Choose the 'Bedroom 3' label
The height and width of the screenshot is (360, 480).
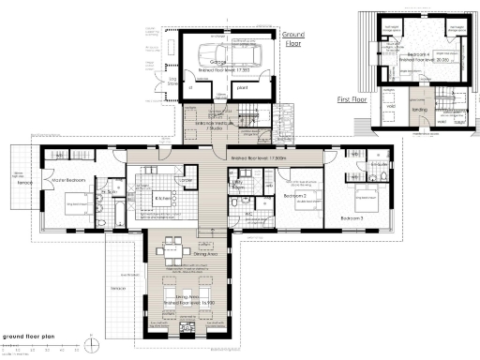[x=352, y=217]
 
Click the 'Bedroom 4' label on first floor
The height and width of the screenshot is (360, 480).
[x=418, y=54]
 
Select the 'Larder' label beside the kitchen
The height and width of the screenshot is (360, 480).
[x=186, y=181]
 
